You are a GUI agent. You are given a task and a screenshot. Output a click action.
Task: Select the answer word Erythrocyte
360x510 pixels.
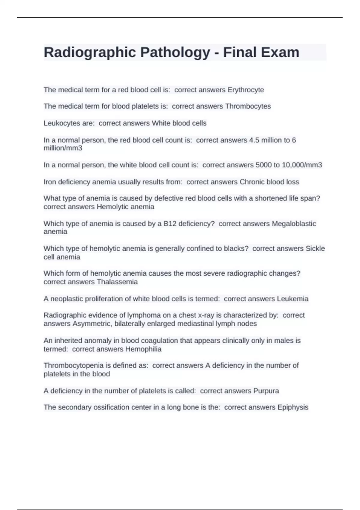246,90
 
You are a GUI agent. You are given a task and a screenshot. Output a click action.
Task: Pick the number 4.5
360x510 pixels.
254,140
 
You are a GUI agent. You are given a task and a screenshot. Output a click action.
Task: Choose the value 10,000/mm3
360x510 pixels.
302,165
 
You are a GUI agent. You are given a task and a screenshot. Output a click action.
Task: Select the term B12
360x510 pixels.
170,224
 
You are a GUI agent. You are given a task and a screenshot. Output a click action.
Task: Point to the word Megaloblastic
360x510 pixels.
294,224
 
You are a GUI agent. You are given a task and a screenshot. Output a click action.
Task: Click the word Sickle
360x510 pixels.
315,249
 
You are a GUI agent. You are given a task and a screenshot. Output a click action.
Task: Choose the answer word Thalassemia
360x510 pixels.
117,282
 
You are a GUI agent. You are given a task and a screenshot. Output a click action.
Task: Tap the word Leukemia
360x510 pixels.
292,299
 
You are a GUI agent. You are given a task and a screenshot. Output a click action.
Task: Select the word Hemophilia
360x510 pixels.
143,349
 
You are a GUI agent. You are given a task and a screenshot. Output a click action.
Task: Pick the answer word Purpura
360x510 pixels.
266,391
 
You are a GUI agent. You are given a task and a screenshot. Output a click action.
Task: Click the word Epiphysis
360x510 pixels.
293,407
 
